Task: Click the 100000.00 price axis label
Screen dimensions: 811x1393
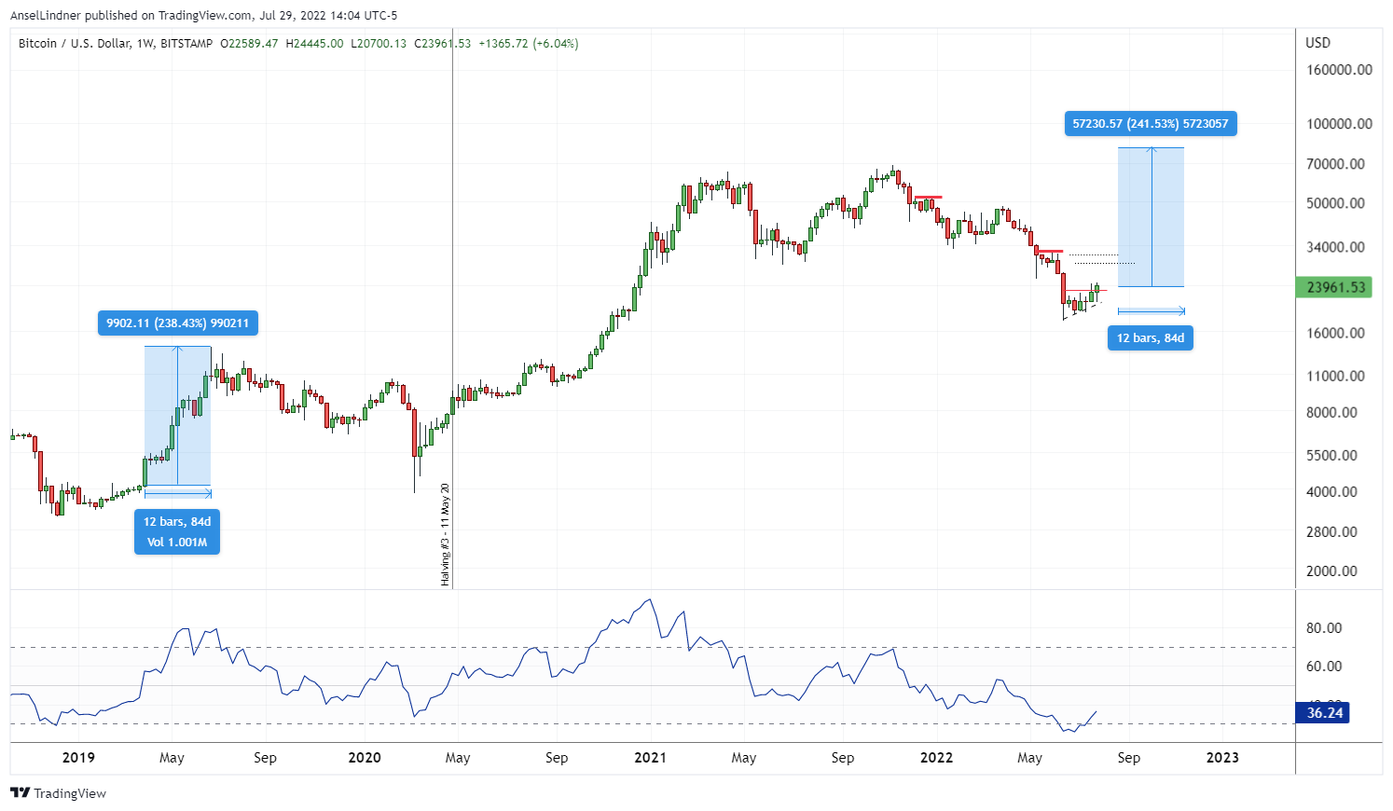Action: [1339, 124]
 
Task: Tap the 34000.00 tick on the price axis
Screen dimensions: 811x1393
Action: [1335, 247]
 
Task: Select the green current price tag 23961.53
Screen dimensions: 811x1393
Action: [1334, 287]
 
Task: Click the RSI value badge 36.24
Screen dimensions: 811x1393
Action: [1324, 713]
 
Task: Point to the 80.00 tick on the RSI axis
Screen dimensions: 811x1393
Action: [1324, 628]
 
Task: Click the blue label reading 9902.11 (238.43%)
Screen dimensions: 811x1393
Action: [177, 323]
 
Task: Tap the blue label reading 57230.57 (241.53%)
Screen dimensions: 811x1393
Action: [1150, 124]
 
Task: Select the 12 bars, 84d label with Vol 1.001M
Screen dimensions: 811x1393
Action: [177, 532]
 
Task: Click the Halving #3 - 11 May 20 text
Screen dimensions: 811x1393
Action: [446, 534]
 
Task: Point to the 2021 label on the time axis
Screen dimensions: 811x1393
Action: [650, 758]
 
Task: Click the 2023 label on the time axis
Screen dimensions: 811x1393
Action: [1222, 758]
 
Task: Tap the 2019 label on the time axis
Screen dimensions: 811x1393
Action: [78, 758]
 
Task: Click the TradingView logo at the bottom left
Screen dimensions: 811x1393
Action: [58, 793]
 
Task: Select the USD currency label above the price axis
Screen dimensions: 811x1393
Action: [1317, 43]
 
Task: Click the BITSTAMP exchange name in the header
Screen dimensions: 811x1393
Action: [186, 44]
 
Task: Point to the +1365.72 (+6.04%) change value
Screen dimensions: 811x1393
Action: [528, 44]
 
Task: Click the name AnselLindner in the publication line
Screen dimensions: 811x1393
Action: [44, 15]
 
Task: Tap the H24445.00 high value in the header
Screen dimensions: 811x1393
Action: [314, 44]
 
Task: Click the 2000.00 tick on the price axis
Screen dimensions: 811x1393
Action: [1331, 571]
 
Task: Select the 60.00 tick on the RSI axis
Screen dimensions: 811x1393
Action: [1324, 667]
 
